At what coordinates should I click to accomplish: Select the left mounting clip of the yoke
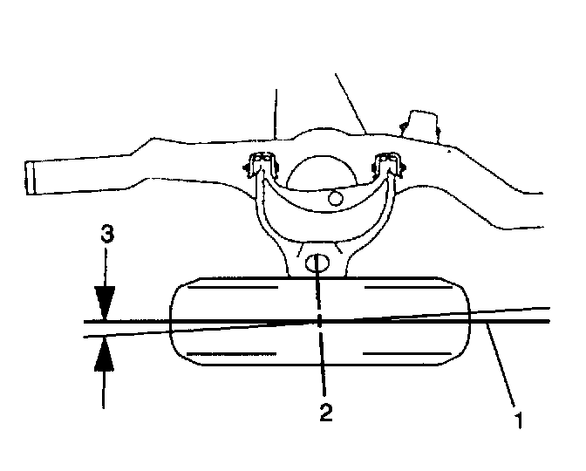coord(259,166)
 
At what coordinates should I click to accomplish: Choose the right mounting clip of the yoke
coord(387,166)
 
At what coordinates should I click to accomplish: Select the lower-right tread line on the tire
coord(393,353)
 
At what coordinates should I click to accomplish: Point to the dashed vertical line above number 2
coord(322,349)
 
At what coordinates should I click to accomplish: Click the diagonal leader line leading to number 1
coord(504,367)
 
